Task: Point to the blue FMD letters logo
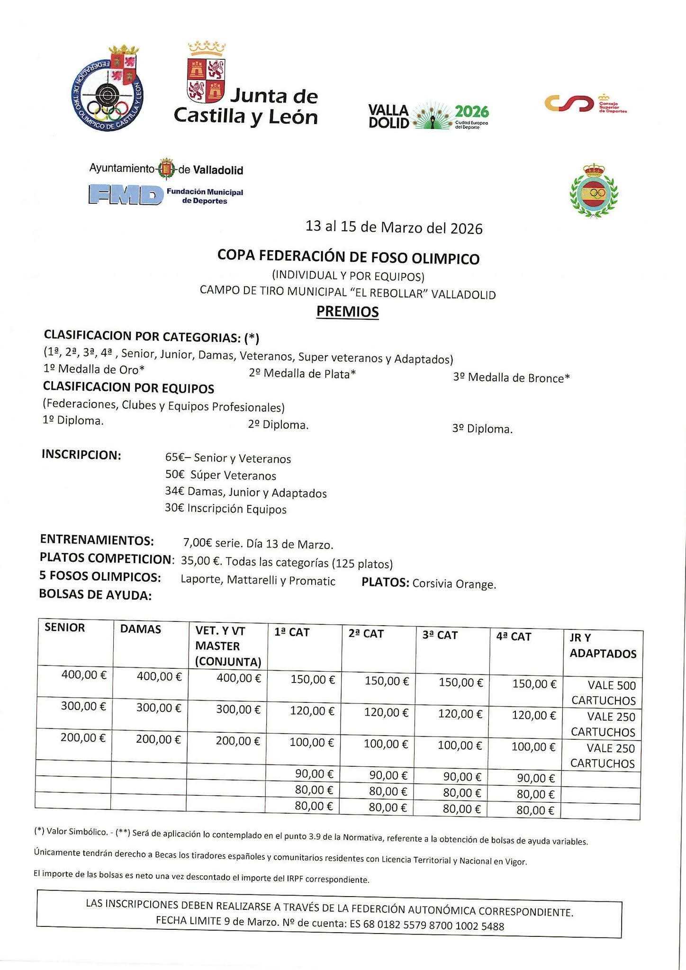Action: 123,195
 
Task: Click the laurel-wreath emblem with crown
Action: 594,191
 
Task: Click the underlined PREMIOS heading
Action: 347,312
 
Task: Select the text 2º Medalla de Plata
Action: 302,374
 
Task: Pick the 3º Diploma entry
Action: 482,429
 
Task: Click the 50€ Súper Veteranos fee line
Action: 220,475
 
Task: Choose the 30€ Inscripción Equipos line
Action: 226,509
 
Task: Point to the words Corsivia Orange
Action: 454,584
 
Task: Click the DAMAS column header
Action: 140,629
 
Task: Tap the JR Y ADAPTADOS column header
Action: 602,646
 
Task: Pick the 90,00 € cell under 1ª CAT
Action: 314,774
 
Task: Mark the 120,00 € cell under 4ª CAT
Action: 533,715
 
